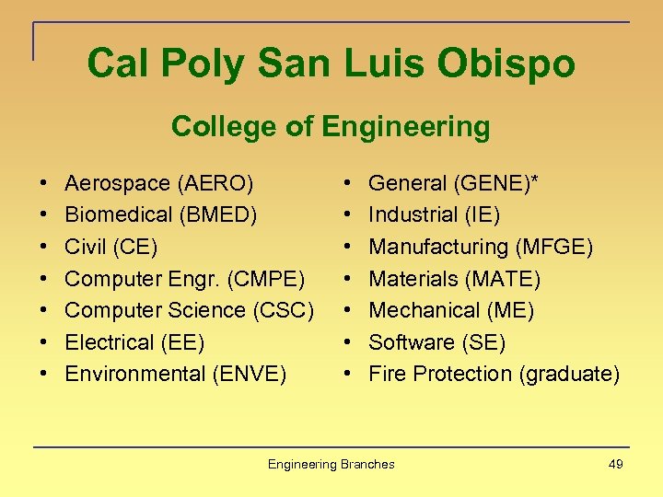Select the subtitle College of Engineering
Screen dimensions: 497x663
tap(331, 127)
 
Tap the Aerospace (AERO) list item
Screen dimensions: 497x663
tap(159, 183)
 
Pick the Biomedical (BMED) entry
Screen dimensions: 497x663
tap(161, 215)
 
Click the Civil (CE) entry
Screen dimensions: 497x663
tap(111, 247)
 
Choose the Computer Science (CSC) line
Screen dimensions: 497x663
tap(190, 310)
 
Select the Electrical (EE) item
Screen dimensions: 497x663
tap(134, 342)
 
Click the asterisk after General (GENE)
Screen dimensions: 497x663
tap(535, 180)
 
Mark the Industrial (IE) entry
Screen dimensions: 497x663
tap(434, 215)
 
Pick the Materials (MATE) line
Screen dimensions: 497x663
tap(454, 279)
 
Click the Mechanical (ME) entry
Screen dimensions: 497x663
tap(451, 310)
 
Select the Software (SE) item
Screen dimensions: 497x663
tap(436, 342)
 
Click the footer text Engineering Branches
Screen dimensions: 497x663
tap(331, 465)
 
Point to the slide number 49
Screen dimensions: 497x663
tap(616, 465)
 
